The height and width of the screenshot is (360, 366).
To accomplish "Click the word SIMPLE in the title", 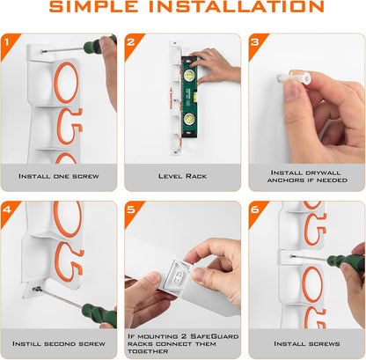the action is [x=93, y=7].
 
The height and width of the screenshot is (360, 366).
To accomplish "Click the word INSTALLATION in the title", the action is [x=237, y=7].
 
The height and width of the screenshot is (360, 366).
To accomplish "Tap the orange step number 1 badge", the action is [x=8, y=44].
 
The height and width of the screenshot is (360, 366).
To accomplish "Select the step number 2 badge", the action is [x=132, y=44].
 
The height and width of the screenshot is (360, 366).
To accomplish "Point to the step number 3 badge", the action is [x=256, y=44].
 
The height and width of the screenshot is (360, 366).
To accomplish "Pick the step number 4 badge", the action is [x=8, y=212].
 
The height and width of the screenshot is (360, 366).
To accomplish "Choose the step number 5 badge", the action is [x=132, y=212].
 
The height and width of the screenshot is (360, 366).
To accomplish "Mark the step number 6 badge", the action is [x=256, y=212].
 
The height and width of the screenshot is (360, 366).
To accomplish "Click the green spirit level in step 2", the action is [x=189, y=97].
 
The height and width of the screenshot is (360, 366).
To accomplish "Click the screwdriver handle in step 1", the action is [x=99, y=44].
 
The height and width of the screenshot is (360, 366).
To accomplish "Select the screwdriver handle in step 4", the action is [x=99, y=315].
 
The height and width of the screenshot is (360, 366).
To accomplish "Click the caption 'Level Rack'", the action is [x=182, y=176].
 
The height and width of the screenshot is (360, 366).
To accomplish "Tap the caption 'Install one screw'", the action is [x=59, y=176].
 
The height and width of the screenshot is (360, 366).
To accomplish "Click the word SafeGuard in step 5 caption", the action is [x=215, y=336].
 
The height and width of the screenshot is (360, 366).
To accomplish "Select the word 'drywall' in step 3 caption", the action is [x=323, y=173].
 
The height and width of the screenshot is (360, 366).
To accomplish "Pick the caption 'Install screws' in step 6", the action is [x=307, y=343].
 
